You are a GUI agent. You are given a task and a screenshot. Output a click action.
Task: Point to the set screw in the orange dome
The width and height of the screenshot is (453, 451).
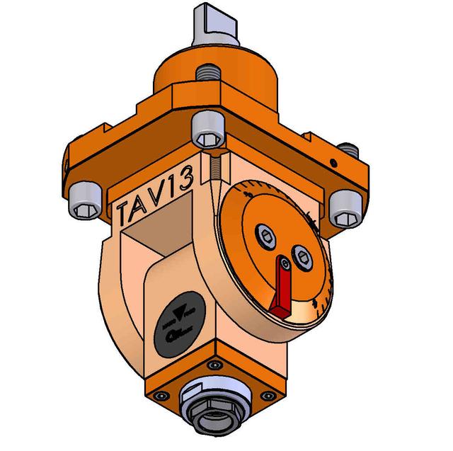(207, 72)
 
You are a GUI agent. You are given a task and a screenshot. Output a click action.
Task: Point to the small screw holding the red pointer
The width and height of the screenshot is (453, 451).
(283, 265)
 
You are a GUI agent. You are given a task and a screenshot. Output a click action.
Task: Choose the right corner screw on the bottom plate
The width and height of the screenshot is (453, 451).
(266, 396)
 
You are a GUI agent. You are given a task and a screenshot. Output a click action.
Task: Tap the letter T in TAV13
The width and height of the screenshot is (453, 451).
(126, 211)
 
